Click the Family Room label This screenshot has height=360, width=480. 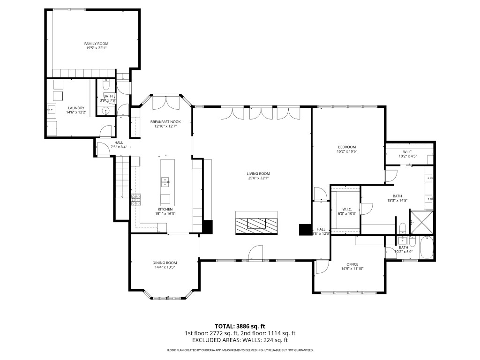click(x=96, y=44)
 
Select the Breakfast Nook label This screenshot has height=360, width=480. click(x=165, y=122)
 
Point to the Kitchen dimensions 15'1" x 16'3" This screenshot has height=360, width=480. click(x=165, y=214)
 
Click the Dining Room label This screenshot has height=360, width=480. click(x=165, y=262)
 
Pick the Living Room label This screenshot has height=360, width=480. click(x=258, y=173)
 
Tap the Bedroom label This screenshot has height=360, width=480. click(x=346, y=147)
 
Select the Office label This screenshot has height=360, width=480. click(x=352, y=264)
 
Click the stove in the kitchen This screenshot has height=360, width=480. click(x=136, y=200)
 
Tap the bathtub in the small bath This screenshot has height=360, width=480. click(x=427, y=248)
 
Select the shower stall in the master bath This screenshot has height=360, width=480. click(x=421, y=222)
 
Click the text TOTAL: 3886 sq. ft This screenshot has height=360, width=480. click(x=240, y=326)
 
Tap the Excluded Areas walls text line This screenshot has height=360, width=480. click(x=240, y=340)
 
